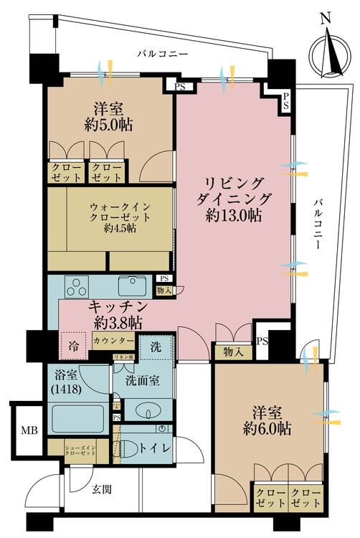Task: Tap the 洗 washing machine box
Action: point(156,347)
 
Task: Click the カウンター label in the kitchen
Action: point(113,341)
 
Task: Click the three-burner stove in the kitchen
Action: point(76,288)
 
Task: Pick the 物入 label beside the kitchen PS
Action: point(164,290)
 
